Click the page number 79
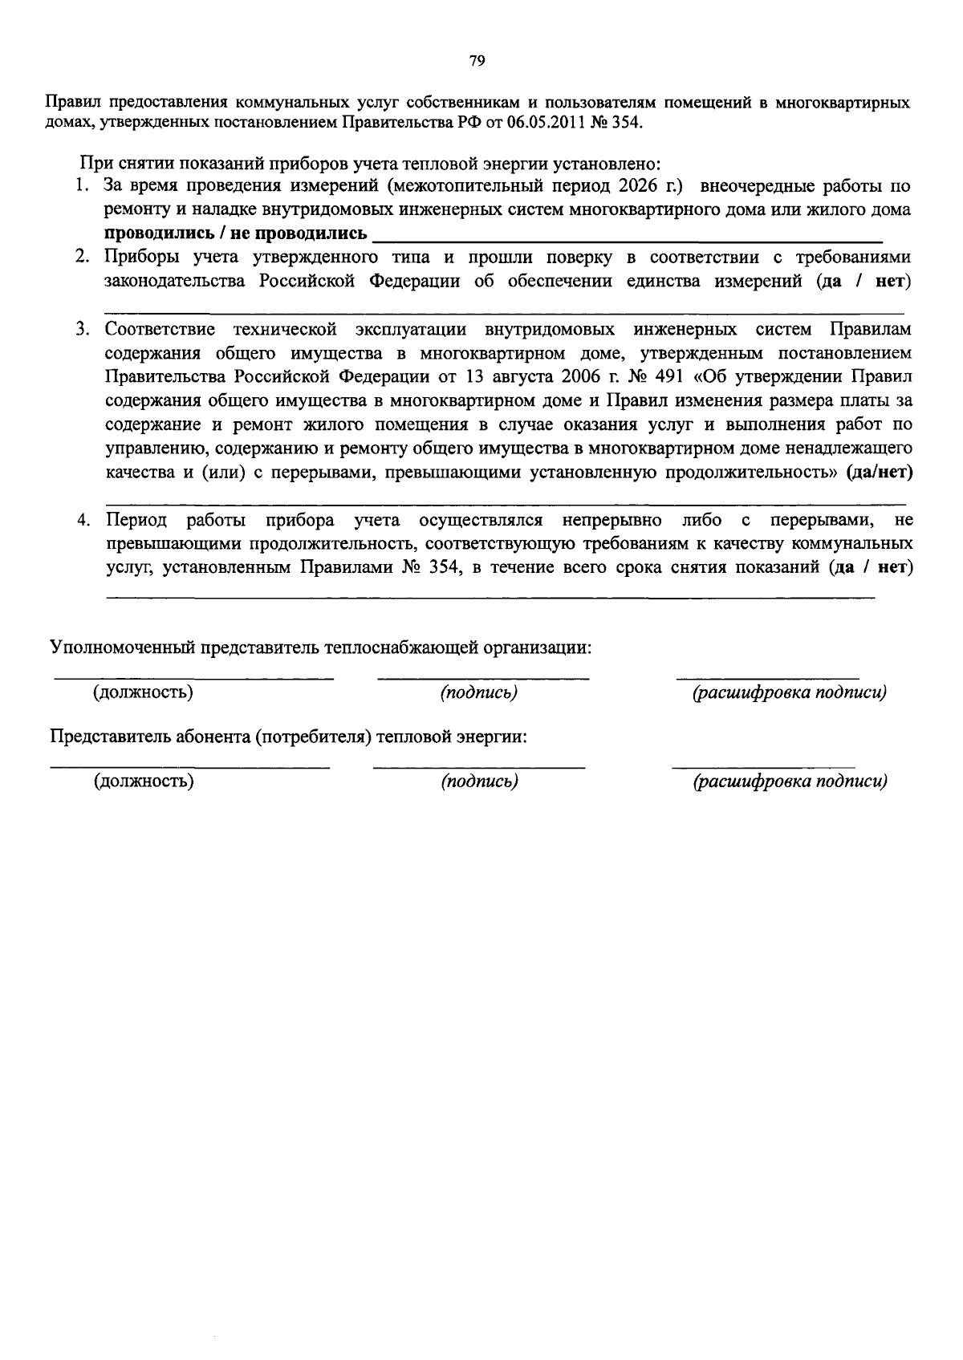click(x=477, y=61)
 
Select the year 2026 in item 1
click(x=638, y=187)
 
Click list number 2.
click(x=82, y=258)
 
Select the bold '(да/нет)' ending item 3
click(x=880, y=472)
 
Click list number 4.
click(x=82, y=520)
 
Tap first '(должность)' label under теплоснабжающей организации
click(x=143, y=692)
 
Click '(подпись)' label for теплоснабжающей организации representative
click(x=477, y=692)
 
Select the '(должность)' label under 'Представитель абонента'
click(x=143, y=781)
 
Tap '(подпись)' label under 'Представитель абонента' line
click(x=478, y=781)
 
